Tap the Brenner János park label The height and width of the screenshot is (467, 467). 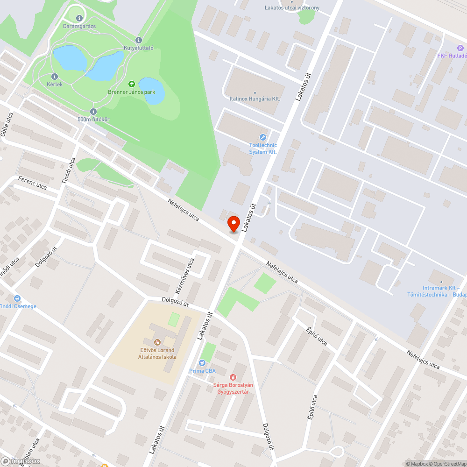tap(132, 92)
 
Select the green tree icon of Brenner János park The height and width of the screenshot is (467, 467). tap(132, 84)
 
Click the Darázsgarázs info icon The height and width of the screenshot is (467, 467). tap(79, 18)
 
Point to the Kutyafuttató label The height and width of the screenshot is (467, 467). tap(139, 48)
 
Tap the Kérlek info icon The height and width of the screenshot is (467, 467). tap(55, 76)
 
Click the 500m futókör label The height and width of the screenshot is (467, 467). tap(93, 119)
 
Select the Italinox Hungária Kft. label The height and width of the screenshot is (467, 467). tap(255, 99)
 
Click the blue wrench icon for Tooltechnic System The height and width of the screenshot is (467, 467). tap(262, 137)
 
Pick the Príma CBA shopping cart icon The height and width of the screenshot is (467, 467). tap(202, 362)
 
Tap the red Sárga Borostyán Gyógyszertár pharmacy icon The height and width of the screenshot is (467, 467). tap(233, 377)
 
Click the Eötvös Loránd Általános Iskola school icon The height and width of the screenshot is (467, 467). tap(157, 342)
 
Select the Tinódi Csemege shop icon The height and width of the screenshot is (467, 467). tap(17, 298)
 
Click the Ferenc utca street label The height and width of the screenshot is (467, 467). tap(32, 183)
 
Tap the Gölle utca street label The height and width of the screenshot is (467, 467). tap(7, 125)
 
